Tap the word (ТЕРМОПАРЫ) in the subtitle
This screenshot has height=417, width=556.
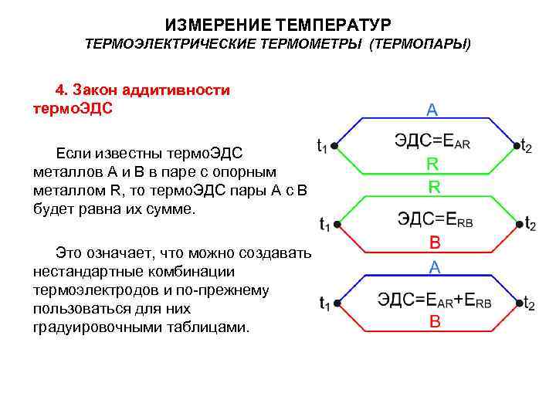420,44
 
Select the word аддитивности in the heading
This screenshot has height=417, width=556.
177,90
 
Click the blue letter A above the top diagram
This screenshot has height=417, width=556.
432,110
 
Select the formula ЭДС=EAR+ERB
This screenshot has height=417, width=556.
434,300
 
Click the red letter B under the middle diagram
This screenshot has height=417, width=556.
435,242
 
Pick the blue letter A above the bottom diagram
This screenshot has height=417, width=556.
435,267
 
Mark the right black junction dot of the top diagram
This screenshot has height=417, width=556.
515,144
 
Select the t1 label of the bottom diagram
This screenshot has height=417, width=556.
324,304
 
